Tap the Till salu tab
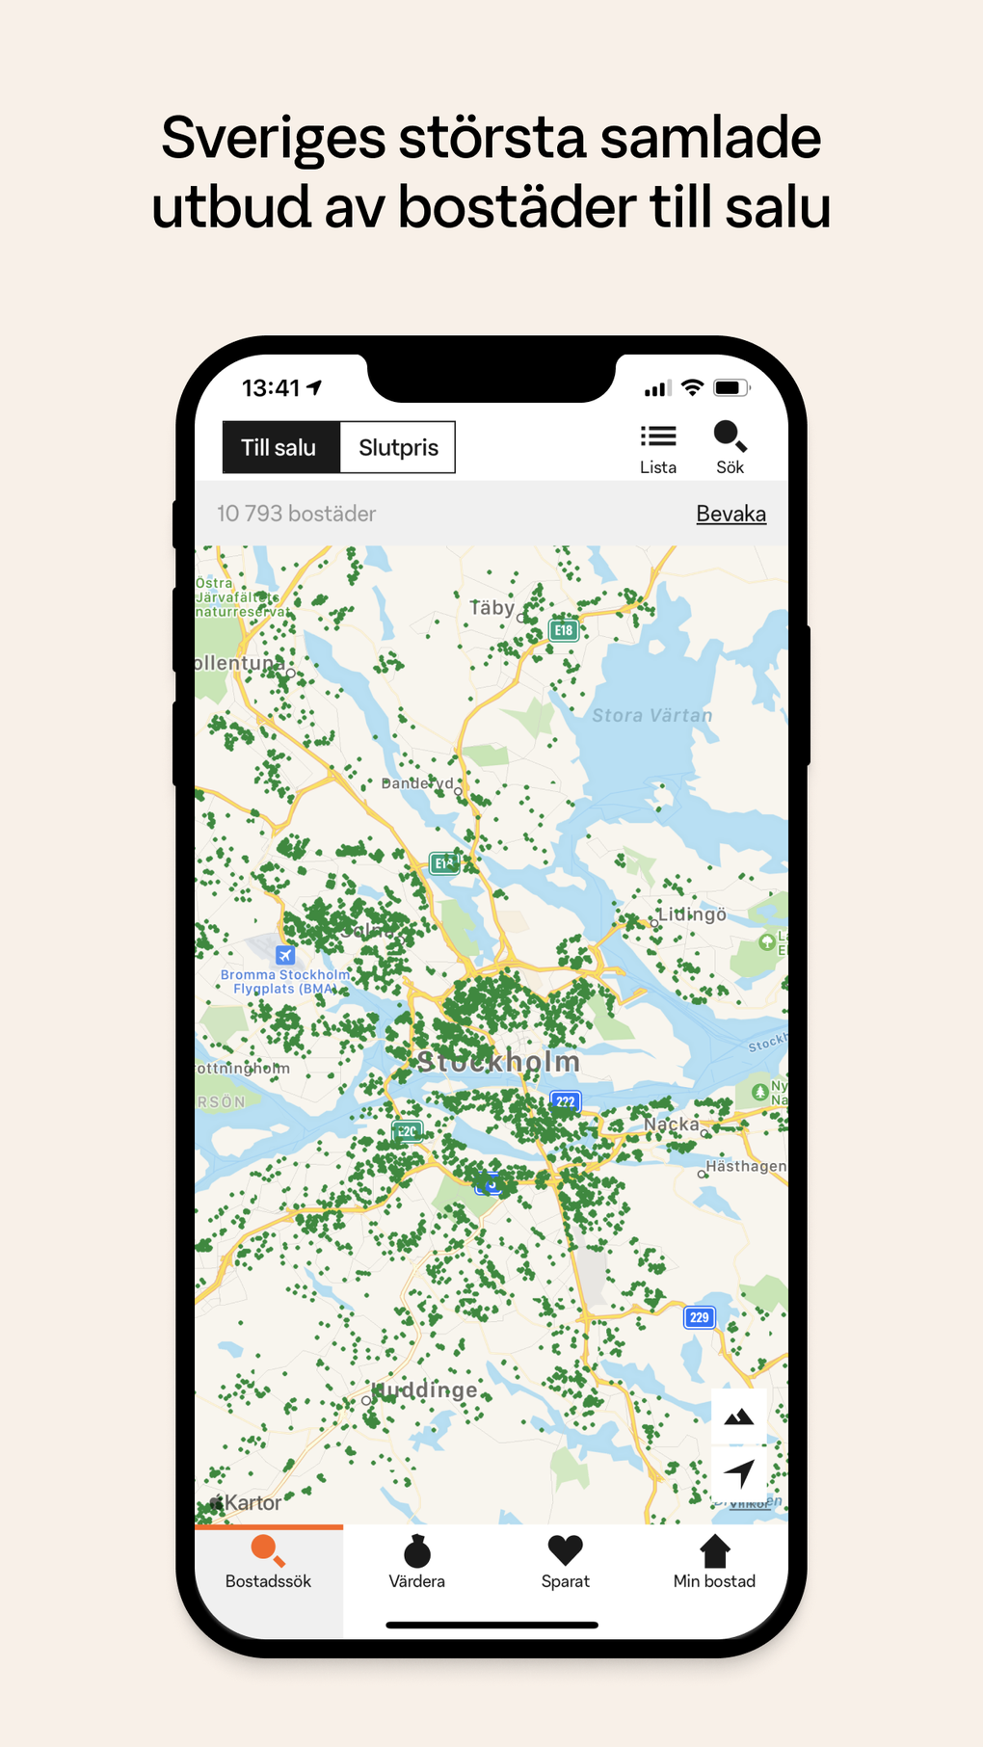279,447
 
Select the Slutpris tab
398,447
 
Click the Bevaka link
731,514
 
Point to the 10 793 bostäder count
296,514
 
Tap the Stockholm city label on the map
498,1062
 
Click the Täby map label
491,608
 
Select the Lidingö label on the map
692,914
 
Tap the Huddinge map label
426,1390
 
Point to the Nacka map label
672,1124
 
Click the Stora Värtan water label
652,715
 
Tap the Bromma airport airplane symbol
285,955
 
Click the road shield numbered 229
700,1317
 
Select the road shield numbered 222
566,1101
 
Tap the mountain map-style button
739,1416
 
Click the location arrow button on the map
739,1472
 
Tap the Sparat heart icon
565,1550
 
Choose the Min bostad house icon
714,1550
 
